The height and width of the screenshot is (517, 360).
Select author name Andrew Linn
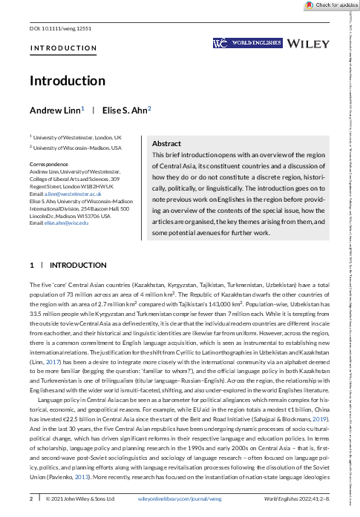(54, 110)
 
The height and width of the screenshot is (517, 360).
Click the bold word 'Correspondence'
(48, 163)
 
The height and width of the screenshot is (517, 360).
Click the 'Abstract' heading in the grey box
(166, 143)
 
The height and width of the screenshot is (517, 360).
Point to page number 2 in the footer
(31, 499)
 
